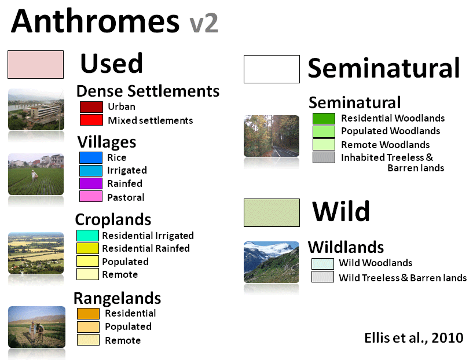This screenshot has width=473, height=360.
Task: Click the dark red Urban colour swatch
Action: [x=91, y=107]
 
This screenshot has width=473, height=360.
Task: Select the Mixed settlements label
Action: [x=150, y=120]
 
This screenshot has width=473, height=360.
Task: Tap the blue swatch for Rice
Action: [x=91, y=157]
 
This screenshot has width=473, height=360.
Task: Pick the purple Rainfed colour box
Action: [x=91, y=183]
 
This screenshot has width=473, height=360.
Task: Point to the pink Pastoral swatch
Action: [x=91, y=196]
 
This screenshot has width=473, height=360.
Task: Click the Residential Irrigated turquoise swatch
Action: [x=87, y=236]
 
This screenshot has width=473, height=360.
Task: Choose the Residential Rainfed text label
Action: [x=146, y=248]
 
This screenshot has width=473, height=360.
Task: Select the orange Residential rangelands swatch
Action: [x=88, y=314]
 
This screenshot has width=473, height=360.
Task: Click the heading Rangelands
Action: [x=118, y=299]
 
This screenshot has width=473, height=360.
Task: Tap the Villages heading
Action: [x=107, y=142]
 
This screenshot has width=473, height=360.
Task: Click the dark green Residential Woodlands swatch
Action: [x=324, y=119]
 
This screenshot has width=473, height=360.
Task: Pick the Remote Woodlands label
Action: [x=385, y=145]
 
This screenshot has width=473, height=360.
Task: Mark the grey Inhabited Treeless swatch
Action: [x=324, y=157]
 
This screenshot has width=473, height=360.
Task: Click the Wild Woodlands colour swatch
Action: [x=323, y=264]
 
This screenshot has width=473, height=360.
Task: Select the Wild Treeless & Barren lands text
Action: [x=403, y=278]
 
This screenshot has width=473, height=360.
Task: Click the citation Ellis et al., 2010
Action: [x=413, y=338]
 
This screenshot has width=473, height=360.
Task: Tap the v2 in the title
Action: [x=204, y=24]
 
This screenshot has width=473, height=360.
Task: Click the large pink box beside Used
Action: [x=35, y=64]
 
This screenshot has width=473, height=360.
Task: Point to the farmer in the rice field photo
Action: [x=34, y=175]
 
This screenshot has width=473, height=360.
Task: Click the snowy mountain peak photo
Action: [x=271, y=262]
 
